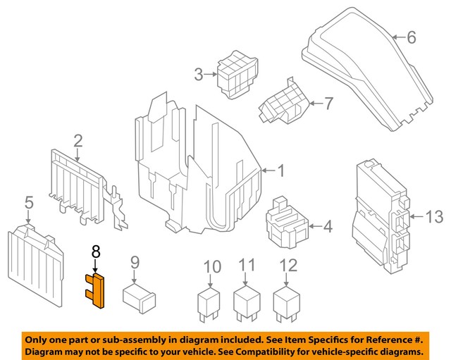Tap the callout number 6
point(412,37)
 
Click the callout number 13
point(435,217)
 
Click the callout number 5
point(28,204)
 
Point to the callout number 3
point(199,73)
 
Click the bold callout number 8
point(97,250)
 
